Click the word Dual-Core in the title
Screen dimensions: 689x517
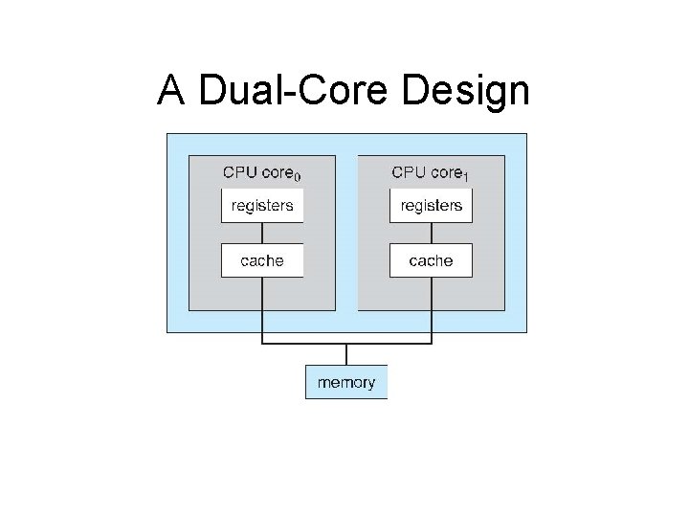293,89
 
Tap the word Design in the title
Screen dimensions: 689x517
465,91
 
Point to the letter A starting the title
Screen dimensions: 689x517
171,89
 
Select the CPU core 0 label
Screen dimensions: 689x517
262,173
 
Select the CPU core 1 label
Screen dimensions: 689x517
431,173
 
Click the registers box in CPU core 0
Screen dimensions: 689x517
262,206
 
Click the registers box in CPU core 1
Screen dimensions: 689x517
431,206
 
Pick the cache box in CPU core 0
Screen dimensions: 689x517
262,260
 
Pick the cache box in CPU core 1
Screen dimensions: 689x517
431,260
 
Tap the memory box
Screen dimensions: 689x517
346,382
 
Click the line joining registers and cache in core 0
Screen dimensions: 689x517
262,233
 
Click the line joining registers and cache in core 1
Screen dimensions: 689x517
432,233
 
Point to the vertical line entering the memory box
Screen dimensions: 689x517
346,354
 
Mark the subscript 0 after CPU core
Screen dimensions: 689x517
298,177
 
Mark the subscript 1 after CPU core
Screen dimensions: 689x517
465,177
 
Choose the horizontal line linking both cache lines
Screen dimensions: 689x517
346,344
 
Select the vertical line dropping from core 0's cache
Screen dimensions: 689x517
262,310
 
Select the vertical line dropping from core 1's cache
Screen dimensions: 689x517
432,310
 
